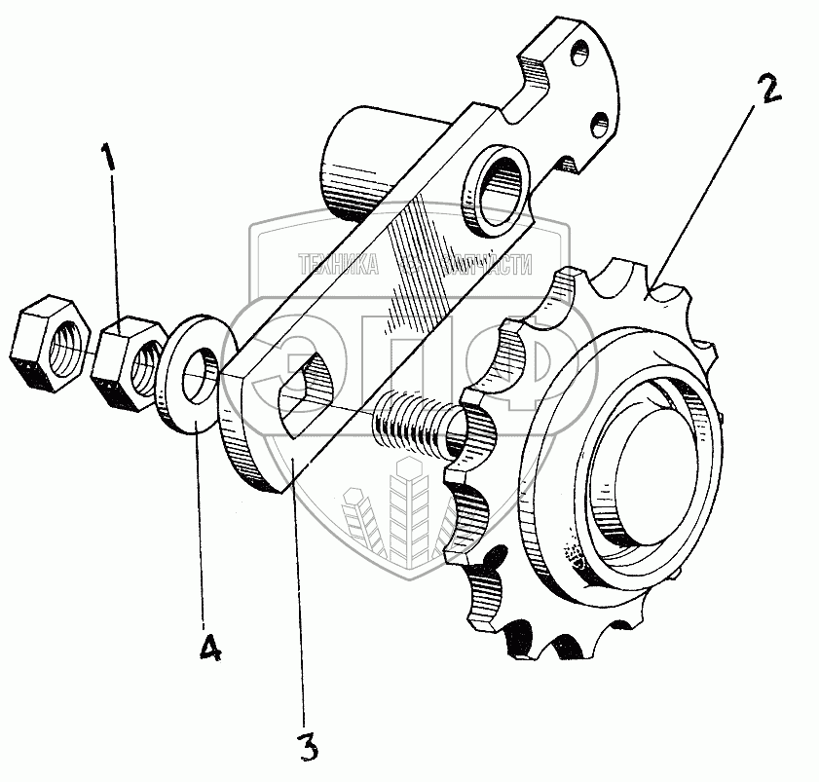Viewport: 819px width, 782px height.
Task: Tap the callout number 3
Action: pyautogui.click(x=307, y=747)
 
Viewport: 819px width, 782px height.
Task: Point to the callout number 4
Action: pyautogui.click(x=208, y=646)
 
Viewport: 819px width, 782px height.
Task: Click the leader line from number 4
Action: pyautogui.click(x=203, y=526)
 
